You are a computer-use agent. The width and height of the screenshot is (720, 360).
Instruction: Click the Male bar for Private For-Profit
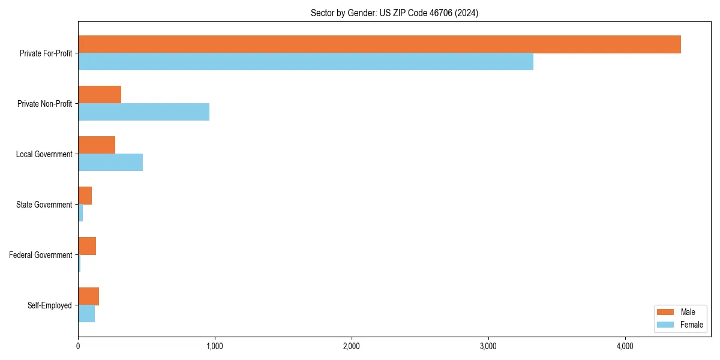point(379,44)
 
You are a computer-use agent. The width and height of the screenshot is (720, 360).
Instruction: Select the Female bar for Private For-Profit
point(305,62)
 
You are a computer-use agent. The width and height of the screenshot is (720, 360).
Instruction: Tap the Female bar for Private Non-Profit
point(143,112)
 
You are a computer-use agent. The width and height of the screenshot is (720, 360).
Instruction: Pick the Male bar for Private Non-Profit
point(100,95)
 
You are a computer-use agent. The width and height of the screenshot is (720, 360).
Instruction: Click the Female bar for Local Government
point(110,163)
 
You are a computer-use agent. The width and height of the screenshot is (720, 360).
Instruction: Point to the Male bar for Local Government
point(97,145)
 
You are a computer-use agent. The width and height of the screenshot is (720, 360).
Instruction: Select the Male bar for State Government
point(85,196)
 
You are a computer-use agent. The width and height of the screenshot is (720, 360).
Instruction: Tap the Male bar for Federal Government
point(87,246)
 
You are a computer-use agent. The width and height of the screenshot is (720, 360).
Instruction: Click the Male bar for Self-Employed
point(88,296)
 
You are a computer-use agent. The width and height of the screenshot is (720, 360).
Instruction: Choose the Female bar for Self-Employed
point(86,314)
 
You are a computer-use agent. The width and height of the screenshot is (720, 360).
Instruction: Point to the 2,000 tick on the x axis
point(352,346)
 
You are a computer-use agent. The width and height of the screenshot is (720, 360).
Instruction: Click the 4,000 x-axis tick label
point(625,346)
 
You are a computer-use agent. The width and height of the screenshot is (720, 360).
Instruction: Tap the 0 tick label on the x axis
point(78,346)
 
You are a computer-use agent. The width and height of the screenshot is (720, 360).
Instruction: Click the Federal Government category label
point(40,255)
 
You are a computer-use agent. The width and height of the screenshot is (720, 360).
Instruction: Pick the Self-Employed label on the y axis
point(49,305)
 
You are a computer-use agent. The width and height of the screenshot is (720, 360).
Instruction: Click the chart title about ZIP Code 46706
point(394,13)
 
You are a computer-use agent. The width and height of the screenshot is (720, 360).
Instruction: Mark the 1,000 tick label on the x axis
point(215,346)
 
